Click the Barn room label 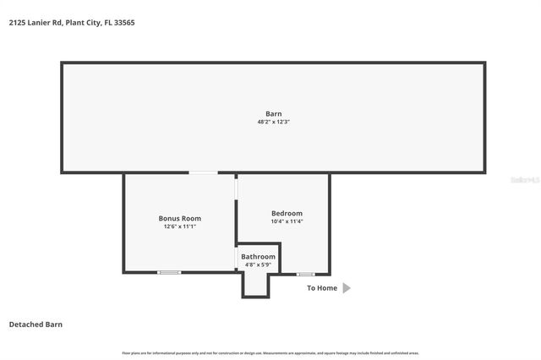pyautogui.click(x=273, y=113)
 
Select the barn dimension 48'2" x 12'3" pyautogui.click(x=273, y=122)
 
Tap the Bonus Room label pyautogui.click(x=180, y=218)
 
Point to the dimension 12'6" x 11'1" pyautogui.click(x=180, y=226)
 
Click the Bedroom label pyautogui.click(x=287, y=213)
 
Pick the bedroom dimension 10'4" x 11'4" pyautogui.click(x=287, y=221)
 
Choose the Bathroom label pyautogui.click(x=258, y=256)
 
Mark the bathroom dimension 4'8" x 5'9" pyautogui.click(x=258, y=265)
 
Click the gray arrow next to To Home pyautogui.click(x=346, y=288)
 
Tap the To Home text pyautogui.click(x=321, y=288)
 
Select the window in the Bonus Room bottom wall pyautogui.click(x=170, y=272)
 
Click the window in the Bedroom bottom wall pyautogui.click(x=305, y=274)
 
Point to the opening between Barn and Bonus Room pyautogui.click(x=203, y=173)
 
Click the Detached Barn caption pyautogui.click(x=36, y=324)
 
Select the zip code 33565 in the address pyautogui.click(x=124, y=23)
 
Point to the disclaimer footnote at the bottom pyautogui.click(x=270, y=352)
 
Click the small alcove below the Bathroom pyautogui.click(x=256, y=285)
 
